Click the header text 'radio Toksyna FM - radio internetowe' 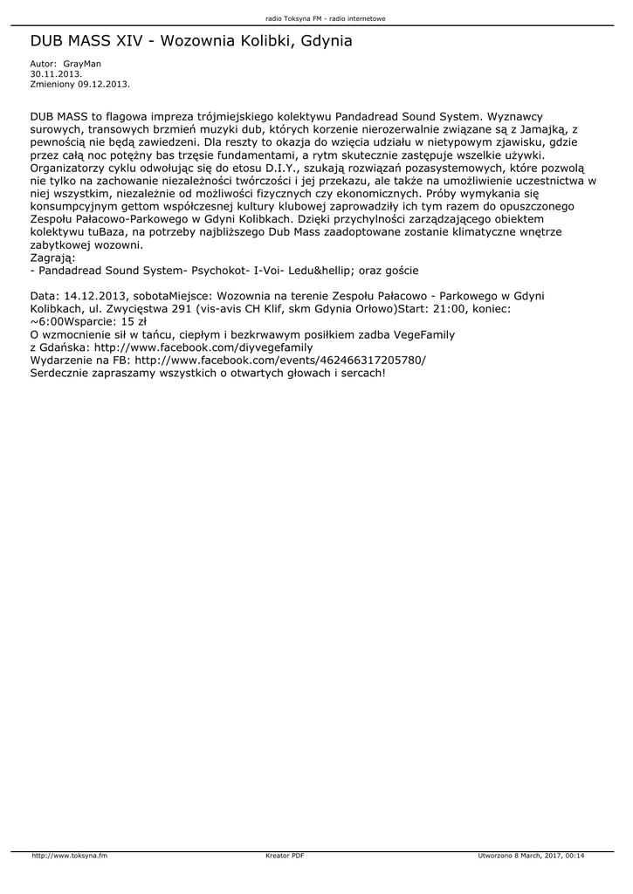(326, 18)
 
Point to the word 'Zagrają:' (53, 258)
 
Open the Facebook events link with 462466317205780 (280, 360)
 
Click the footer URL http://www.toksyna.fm (69, 855)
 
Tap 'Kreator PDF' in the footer (285, 855)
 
